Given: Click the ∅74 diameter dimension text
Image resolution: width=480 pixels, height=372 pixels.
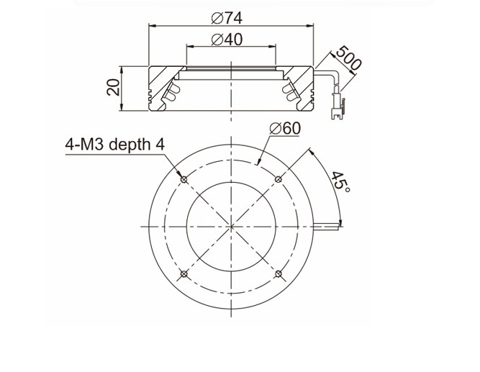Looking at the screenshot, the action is point(227,18).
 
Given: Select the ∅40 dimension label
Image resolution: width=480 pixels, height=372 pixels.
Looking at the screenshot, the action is point(227,40).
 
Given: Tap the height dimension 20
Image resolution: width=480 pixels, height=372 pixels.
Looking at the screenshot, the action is point(113,87).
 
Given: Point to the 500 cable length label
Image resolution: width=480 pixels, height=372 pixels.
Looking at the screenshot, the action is point(348,58).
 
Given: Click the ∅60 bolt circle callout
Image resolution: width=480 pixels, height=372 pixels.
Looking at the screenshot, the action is point(285,128).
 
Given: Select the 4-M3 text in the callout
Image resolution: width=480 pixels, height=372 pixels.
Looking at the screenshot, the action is point(85,144).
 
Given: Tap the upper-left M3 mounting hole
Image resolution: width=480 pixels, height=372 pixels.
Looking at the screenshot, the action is point(184,180).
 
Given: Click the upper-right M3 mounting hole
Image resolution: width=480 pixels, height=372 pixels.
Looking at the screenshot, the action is point(279,179).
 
